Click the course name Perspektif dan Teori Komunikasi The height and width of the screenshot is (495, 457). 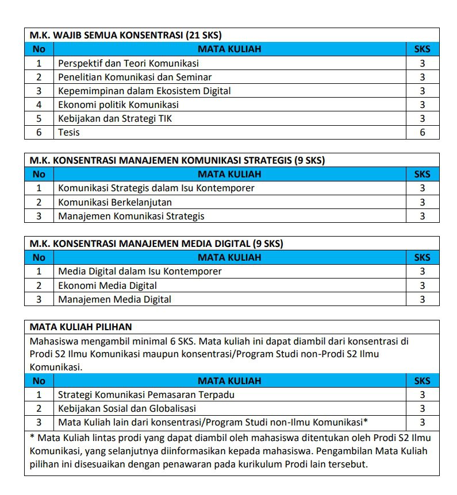coord(128,63)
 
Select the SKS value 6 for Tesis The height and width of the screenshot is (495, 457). coord(422,132)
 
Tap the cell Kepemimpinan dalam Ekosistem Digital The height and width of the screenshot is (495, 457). coord(144,91)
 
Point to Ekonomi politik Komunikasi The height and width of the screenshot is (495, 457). coord(118,105)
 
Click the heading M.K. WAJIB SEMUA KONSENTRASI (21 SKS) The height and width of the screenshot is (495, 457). coord(126,35)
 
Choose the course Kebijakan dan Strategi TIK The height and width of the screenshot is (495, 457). coord(115,118)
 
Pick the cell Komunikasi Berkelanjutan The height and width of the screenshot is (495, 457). coord(115,202)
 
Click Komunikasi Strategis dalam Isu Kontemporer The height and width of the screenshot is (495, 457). coord(156,188)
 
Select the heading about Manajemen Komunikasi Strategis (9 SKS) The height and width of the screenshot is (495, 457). coord(177,160)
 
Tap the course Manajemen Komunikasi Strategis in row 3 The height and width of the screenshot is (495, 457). coord(131,216)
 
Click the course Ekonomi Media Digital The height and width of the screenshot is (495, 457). coord(107,285)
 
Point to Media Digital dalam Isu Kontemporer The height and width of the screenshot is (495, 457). coord(140,271)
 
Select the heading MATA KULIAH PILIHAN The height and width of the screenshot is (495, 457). coord(80,327)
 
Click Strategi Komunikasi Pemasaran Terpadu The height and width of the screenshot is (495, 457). coord(146,395)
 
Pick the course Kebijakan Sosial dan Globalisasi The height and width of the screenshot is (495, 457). coord(127,408)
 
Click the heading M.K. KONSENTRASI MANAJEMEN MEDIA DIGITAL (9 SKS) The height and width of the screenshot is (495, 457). coord(156,243)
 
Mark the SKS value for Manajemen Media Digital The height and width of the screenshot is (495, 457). coord(422,299)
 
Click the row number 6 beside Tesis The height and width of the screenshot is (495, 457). coord(39,132)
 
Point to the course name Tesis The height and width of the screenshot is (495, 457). coord(69,132)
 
